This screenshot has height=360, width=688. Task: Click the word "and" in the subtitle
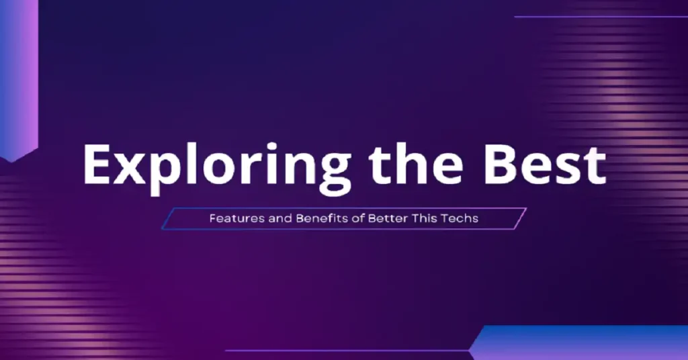point(280,218)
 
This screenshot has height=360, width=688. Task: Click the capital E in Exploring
point(97,165)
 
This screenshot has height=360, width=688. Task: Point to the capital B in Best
point(499,165)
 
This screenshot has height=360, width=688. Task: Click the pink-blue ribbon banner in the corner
point(19,79)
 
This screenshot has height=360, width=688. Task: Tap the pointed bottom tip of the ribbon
point(11,161)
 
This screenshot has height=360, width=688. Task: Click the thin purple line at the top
point(601,17)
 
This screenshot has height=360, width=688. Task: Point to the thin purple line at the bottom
point(347,351)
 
